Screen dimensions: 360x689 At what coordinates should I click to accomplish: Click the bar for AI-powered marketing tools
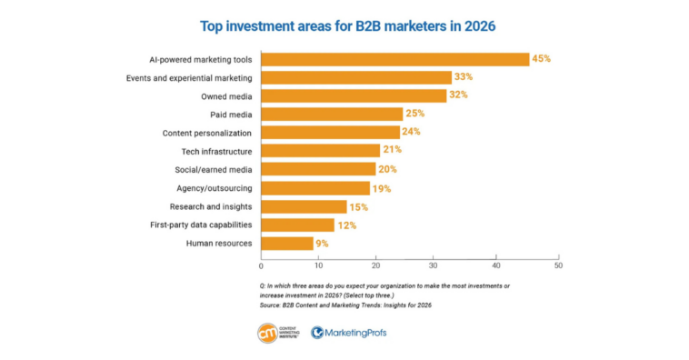(x=394, y=59)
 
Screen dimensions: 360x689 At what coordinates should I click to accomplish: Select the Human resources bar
(x=287, y=243)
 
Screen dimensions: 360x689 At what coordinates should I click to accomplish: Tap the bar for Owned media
(x=354, y=95)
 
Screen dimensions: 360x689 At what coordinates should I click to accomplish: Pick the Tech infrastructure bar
(x=320, y=151)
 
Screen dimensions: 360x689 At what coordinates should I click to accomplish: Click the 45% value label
(x=542, y=59)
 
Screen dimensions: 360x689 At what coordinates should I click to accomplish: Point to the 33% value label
(x=465, y=77)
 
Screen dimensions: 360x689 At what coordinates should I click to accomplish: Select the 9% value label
(x=322, y=243)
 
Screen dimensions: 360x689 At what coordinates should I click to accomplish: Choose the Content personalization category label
(x=207, y=133)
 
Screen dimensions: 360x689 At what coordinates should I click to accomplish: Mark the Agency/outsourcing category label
(x=215, y=188)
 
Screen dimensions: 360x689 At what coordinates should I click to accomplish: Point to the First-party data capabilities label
(x=202, y=225)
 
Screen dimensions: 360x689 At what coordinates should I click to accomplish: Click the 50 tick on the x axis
(x=557, y=266)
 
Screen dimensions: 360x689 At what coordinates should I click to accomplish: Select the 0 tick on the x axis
(x=261, y=266)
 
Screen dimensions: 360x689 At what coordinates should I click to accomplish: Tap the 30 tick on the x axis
(x=438, y=266)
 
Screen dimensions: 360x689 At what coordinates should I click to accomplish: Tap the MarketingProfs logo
(x=348, y=333)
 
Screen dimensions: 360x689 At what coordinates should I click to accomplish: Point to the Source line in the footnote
(x=345, y=305)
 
